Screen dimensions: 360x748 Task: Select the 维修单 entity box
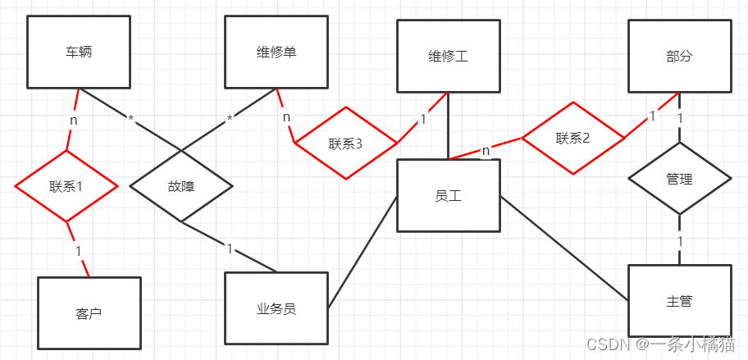click(276, 52)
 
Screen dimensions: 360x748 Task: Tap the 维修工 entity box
click(448, 56)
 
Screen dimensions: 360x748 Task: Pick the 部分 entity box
click(679, 56)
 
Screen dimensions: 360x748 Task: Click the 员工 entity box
click(448, 195)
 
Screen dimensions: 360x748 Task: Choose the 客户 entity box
click(89, 312)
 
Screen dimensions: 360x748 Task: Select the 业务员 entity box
click(276, 308)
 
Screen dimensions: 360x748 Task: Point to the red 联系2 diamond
click(572, 139)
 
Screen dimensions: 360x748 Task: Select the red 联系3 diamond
click(345, 144)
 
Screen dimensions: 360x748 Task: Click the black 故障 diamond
click(181, 185)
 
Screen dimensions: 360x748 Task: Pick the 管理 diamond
click(679, 178)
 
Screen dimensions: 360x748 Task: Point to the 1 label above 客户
click(77, 249)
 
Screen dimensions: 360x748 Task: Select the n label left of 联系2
click(486, 150)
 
